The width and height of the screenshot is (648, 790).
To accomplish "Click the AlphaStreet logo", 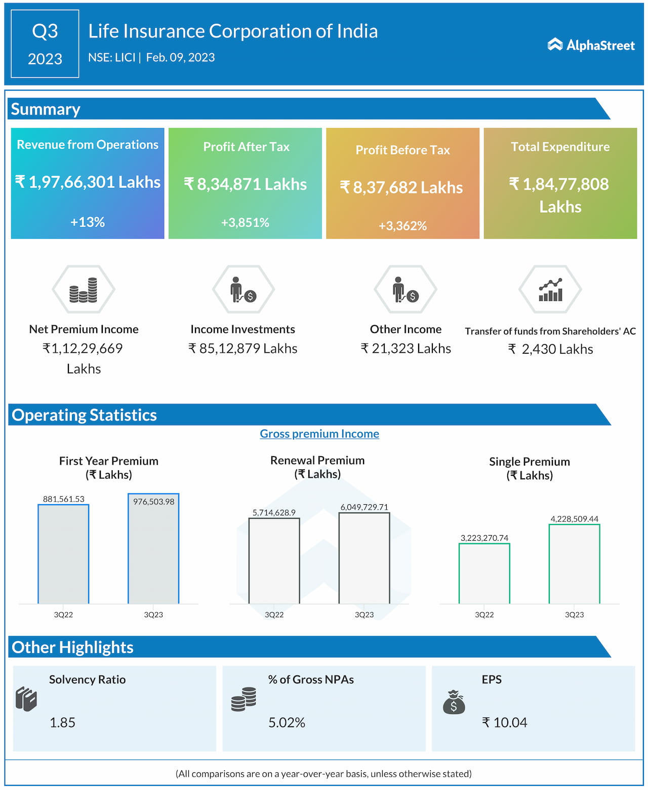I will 591,45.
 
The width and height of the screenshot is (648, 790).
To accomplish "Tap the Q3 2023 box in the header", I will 45,44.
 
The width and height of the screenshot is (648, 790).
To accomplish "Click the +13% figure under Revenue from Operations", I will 88,222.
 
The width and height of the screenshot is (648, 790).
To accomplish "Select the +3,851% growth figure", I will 245,222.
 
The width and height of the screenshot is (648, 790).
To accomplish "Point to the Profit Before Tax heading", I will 402,150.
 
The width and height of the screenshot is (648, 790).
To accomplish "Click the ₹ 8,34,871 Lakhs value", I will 246,184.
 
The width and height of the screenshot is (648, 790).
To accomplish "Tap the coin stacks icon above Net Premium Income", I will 84,290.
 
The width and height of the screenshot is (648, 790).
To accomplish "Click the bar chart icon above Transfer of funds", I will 550,290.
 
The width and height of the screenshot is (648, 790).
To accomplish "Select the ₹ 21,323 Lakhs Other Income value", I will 406,349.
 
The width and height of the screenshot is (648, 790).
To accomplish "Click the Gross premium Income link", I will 319,434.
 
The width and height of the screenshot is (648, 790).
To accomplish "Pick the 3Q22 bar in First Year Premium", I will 64,554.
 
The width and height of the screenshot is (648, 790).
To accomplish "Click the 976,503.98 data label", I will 153,502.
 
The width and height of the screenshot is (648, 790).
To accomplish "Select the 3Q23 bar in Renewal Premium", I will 364,558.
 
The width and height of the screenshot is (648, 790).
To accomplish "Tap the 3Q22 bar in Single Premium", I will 484,573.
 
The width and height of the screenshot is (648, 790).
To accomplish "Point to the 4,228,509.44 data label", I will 574,519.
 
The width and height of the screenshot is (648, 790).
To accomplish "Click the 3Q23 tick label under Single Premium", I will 574,615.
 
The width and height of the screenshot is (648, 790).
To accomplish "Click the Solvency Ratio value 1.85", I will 62,723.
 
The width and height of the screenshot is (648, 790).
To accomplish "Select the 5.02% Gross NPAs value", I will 287,723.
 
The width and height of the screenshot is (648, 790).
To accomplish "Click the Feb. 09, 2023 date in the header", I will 180,57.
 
